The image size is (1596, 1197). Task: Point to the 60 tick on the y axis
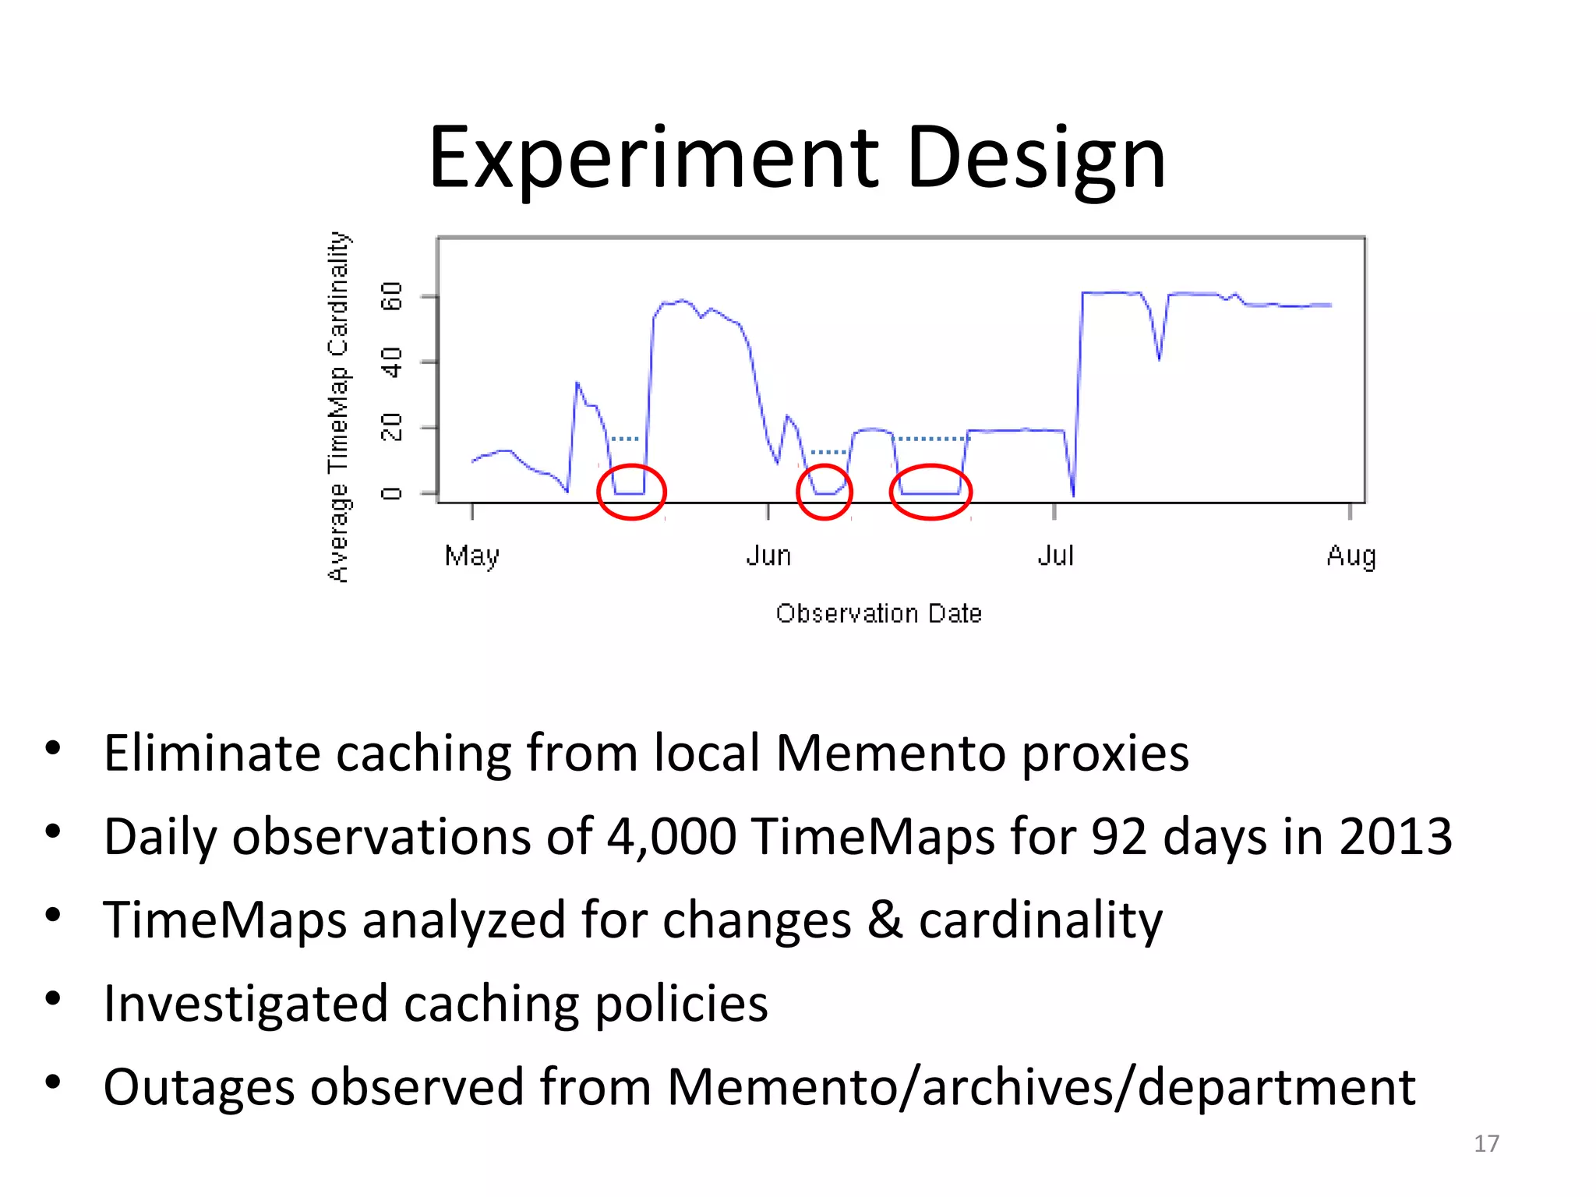tap(391, 296)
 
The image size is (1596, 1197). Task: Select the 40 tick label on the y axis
tap(391, 362)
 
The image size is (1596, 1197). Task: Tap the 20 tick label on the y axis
tap(391, 428)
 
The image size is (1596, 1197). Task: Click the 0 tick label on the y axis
tap(391, 493)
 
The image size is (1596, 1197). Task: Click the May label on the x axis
tap(472, 556)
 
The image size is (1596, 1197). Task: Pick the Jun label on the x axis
tap(768, 556)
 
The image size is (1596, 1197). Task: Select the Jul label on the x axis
tap(1055, 556)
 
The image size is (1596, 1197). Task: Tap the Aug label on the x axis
tap(1351, 556)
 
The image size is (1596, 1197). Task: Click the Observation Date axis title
tap(878, 613)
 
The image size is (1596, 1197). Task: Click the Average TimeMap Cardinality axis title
tap(338, 406)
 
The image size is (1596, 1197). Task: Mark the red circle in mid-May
tap(631, 492)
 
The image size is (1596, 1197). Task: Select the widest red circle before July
tap(930, 492)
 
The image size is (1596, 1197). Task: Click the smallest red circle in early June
tap(824, 492)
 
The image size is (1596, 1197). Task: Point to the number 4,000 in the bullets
tap(671, 837)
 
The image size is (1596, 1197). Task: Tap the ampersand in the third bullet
tap(885, 920)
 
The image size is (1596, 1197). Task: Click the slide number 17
tap(1486, 1143)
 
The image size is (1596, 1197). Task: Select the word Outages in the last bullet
tap(198, 1086)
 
